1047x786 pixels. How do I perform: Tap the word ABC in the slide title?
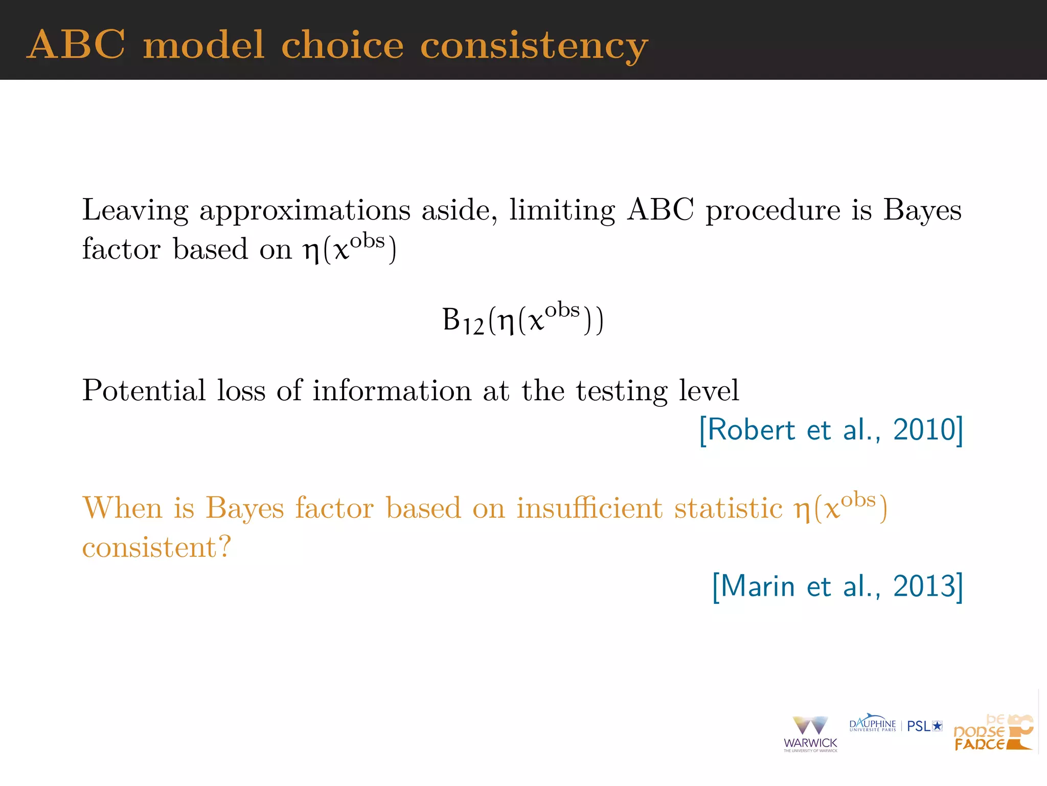pyautogui.click(x=76, y=45)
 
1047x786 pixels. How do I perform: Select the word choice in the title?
pyautogui.click(x=343, y=45)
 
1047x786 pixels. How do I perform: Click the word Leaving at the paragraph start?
pyautogui.click(x=135, y=211)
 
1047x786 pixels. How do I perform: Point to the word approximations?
pyautogui.click(x=305, y=211)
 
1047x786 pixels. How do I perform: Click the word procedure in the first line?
pyautogui.click(x=772, y=211)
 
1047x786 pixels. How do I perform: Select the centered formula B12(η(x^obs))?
pyautogui.click(x=522, y=320)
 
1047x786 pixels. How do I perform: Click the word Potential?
pyautogui.click(x=144, y=391)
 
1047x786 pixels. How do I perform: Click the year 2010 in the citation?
pyautogui.click(x=924, y=430)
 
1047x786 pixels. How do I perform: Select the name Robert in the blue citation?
pyautogui.click(x=752, y=430)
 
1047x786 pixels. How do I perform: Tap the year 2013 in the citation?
pyautogui.click(x=924, y=586)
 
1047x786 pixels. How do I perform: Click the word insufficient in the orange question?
pyautogui.click(x=589, y=509)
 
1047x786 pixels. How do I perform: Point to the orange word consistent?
pyautogui.click(x=156, y=548)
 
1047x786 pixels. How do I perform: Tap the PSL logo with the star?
pyautogui.click(x=924, y=726)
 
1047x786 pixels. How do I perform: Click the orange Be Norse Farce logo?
pyautogui.click(x=993, y=733)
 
